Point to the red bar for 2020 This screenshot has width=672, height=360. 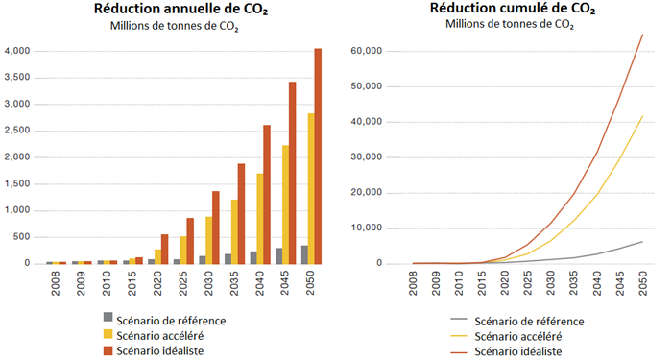pyautogui.click(x=164, y=249)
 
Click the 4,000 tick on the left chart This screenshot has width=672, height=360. pyautogui.click(x=18, y=51)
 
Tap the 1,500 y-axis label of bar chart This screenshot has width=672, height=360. pyautogui.click(x=18, y=184)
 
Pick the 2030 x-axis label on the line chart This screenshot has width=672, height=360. pyautogui.click(x=550, y=285)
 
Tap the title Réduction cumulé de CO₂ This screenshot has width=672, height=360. pyautogui.click(x=511, y=10)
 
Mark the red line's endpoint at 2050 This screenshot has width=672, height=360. pyautogui.click(x=642, y=35)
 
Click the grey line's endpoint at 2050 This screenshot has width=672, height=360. pyautogui.click(x=642, y=241)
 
